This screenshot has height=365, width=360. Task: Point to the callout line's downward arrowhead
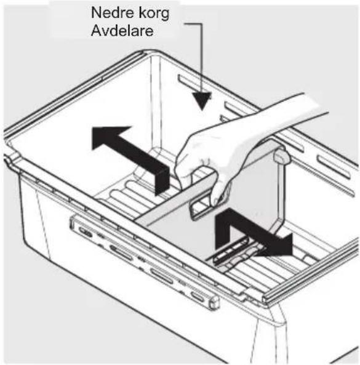tap(201, 100)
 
